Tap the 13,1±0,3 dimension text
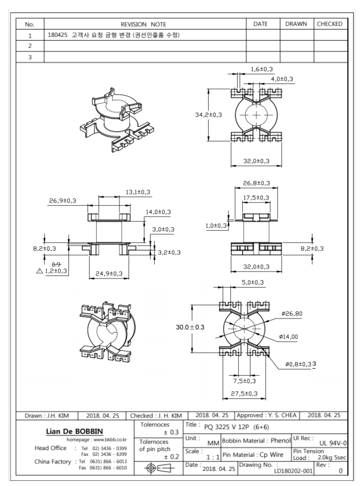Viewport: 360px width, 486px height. [x=138, y=192]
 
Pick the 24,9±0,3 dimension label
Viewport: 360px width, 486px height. [x=105, y=273]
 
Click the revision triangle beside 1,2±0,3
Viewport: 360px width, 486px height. [x=39, y=271]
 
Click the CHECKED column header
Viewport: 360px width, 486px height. [x=330, y=24]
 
